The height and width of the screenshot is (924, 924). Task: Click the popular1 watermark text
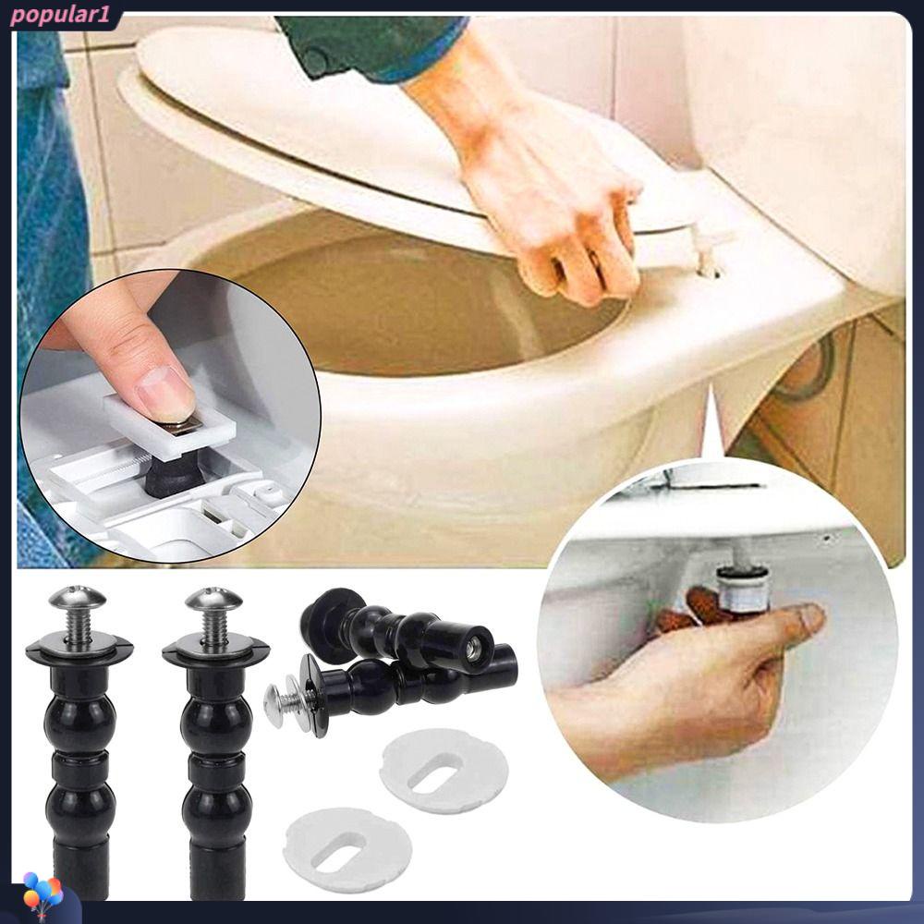point(60,16)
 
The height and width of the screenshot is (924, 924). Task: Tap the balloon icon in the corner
point(43,898)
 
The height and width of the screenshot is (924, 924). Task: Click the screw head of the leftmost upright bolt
point(78,598)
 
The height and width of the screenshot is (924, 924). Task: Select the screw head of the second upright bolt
point(213,599)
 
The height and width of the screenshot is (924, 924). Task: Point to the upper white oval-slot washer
point(444,771)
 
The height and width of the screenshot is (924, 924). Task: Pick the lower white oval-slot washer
point(347,848)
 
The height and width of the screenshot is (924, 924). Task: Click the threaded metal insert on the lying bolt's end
point(471,649)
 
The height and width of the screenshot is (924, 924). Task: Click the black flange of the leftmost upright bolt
point(79,651)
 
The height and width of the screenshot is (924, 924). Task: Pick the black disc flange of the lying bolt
point(310,696)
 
